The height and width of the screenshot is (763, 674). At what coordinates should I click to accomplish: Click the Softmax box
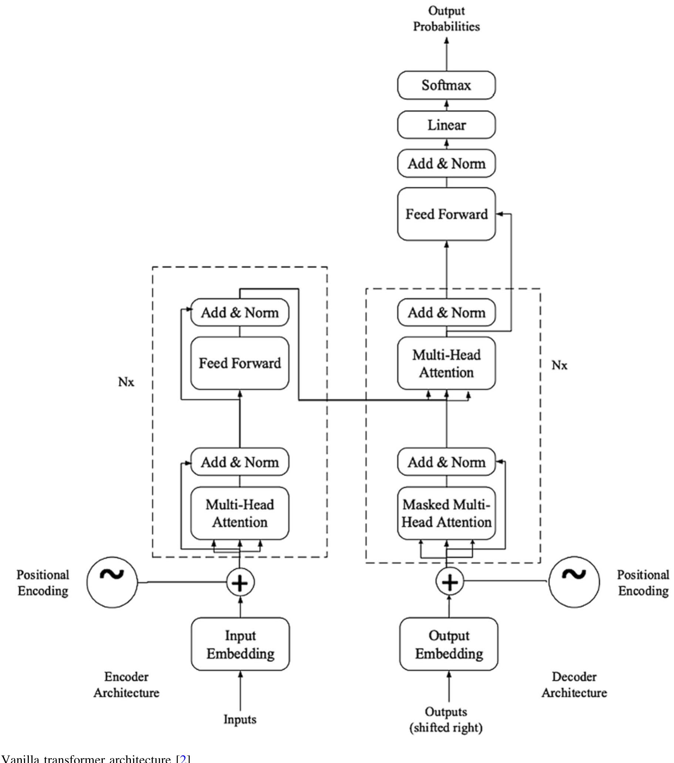(446, 85)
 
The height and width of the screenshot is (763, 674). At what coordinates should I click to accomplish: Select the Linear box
(446, 125)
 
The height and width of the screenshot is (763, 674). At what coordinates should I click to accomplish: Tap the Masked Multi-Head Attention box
(446, 513)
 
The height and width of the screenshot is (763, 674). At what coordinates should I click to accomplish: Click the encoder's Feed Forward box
(240, 363)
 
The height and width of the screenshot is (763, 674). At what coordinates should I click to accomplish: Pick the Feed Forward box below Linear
(446, 214)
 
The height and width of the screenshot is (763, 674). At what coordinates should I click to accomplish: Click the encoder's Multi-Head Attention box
(240, 513)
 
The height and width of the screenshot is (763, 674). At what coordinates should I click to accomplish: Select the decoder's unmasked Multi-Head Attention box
(446, 363)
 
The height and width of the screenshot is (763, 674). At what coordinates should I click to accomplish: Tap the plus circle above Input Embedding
(240, 583)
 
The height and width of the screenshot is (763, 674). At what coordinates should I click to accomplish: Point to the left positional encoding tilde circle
(112, 583)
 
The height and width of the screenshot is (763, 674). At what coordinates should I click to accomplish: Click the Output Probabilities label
(446, 18)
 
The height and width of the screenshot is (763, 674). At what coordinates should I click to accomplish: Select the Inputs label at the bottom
(240, 719)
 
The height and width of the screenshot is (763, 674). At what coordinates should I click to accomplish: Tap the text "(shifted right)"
(446, 727)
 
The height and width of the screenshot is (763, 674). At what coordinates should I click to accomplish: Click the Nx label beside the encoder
(126, 382)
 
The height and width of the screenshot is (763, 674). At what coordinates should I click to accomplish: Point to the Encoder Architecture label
(126, 685)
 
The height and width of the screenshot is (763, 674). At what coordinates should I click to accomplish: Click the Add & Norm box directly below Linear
(446, 163)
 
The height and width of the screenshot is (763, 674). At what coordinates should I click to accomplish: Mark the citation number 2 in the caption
(183, 759)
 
